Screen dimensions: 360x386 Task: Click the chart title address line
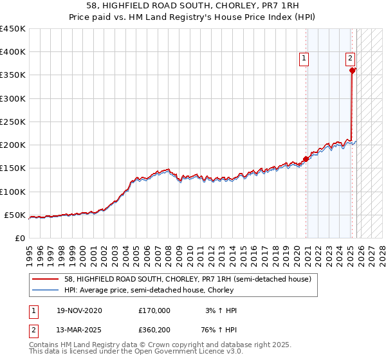point(193,6)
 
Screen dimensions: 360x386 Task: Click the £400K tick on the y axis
point(13,52)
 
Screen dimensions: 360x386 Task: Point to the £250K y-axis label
point(13,122)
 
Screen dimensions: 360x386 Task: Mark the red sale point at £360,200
point(353,71)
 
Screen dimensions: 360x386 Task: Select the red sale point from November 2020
point(306,159)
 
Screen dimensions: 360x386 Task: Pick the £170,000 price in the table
point(154,310)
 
